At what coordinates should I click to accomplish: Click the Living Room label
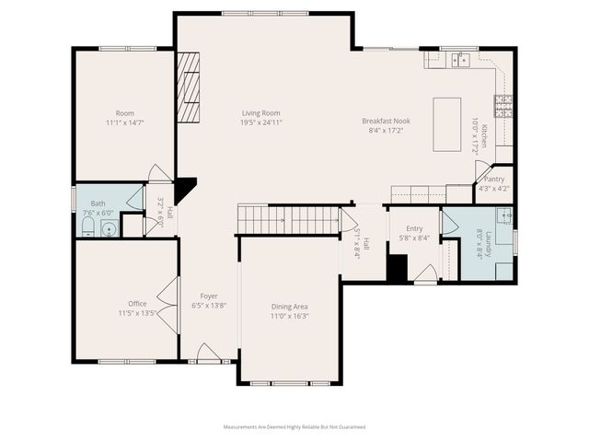click(260, 112)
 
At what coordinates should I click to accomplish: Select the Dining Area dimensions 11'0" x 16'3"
click(289, 316)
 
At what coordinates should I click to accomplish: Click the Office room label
click(137, 303)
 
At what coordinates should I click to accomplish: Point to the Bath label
click(98, 203)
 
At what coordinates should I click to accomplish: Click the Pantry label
click(494, 180)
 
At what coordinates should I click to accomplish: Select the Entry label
click(414, 228)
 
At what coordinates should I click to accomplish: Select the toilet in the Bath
click(87, 229)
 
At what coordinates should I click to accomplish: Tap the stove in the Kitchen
click(503, 107)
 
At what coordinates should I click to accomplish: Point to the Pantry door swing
click(481, 171)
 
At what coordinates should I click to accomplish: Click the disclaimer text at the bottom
click(294, 427)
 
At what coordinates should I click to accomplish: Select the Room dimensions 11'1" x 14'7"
click(125, 122)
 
